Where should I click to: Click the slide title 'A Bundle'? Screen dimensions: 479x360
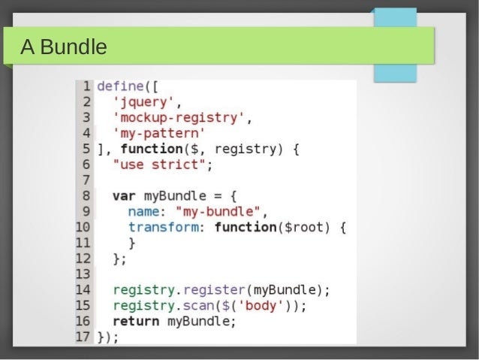coord(64,48)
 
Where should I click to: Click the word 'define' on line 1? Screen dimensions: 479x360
coord(120,85)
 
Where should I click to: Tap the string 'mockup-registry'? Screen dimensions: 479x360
coord(178,117)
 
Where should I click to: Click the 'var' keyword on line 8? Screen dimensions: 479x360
coord(124,196)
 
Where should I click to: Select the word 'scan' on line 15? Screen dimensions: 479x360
coord(198,305)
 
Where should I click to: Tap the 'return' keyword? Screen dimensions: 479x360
coord(136,321)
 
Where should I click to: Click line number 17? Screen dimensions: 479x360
coord(83,336)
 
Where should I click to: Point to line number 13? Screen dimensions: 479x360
coord(83,274)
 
